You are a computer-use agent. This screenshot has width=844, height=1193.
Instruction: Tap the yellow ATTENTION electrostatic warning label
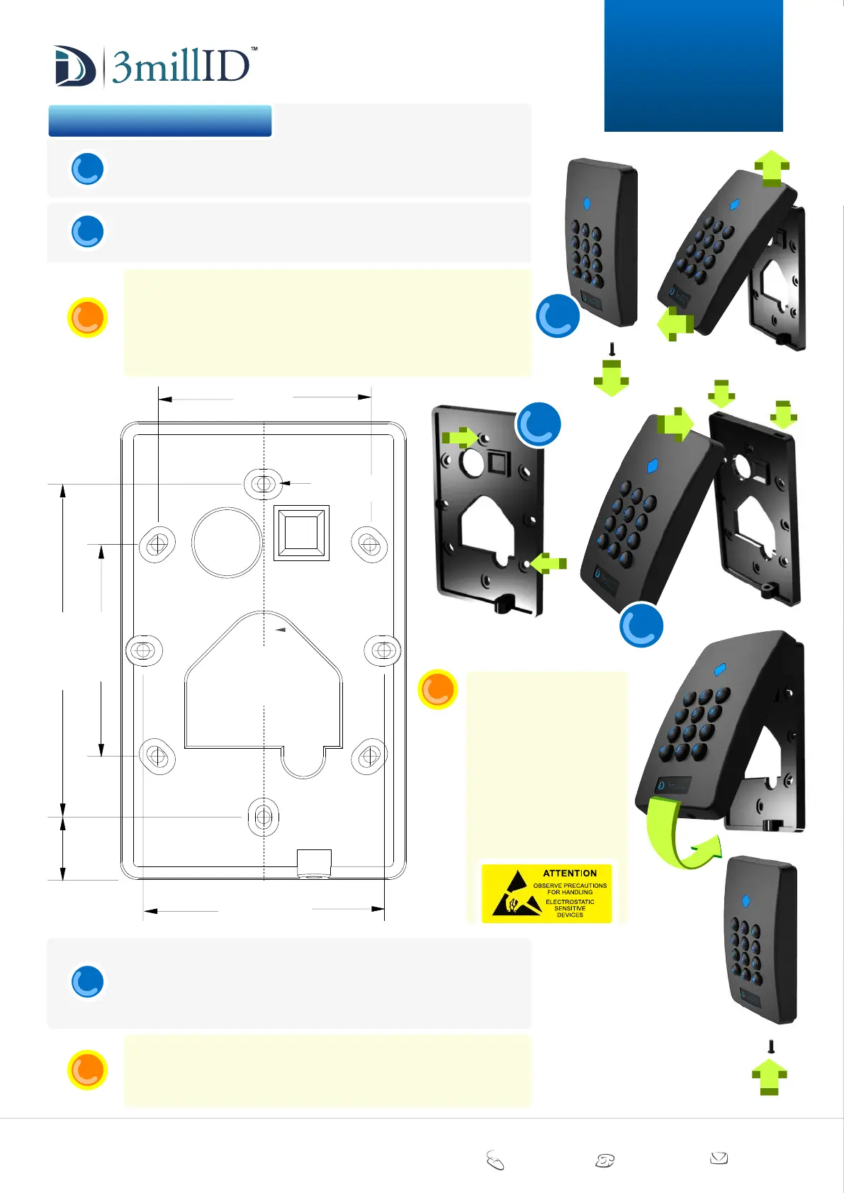click(x=546, y=892)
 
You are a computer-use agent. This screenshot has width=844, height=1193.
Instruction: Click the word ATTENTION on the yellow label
click(x=570, y=873)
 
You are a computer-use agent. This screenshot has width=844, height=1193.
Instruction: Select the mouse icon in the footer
click(x=495, y=1160)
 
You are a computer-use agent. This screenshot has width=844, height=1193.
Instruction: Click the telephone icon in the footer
click(x=604, y=1160)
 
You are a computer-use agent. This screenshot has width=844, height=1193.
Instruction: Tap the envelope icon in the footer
click(x=719, y=1158)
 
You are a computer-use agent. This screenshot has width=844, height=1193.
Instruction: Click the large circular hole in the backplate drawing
click(x=227, y=542)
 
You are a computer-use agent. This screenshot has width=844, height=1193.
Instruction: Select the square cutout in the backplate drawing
click(x=301, y=533)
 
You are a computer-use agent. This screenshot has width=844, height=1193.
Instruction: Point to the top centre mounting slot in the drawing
click(x=264, y=484)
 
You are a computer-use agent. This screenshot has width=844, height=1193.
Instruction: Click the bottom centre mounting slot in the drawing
click(x=263, y=817)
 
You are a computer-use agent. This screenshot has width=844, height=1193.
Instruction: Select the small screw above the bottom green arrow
click(x=771, y=1046)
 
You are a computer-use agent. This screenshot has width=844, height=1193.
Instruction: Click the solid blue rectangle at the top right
click(x=693, y=65)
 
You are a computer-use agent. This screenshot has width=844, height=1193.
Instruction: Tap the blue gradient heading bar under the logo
click(x=160, y=121)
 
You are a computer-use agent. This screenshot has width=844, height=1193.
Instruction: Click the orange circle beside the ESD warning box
click(x=437, y=689)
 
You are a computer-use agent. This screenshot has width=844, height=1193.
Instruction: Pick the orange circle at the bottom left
click(x=87, y=1070)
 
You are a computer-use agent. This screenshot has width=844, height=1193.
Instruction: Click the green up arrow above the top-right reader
click(x=772, y=168)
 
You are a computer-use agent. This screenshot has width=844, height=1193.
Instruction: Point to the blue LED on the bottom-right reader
click(x=745, y=901)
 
